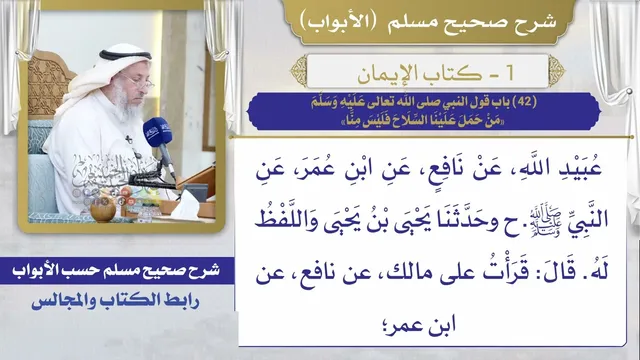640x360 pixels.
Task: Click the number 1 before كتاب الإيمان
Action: point(509,73)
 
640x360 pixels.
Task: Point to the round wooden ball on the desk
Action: point(102,211)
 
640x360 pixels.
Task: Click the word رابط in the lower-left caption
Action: point(182,301)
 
